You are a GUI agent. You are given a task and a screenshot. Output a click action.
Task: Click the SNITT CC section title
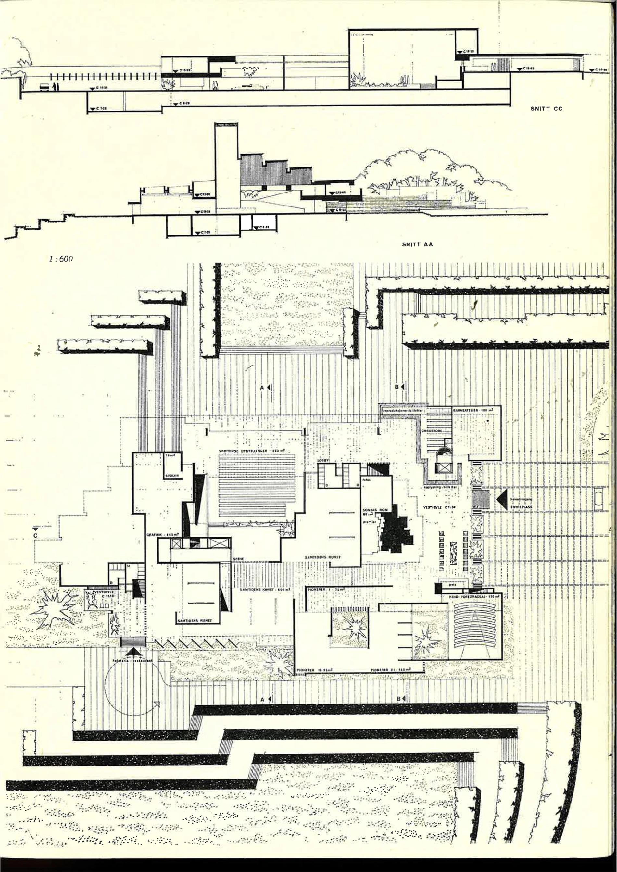click(546, 109)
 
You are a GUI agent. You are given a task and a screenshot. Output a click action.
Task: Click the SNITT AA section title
click(417, 244)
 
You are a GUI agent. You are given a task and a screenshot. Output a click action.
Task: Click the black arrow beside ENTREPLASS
click(502, 499)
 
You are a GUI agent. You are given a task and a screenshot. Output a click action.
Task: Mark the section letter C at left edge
click(35, 535)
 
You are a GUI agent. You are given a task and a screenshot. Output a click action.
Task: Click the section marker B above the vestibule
click(397, 387)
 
